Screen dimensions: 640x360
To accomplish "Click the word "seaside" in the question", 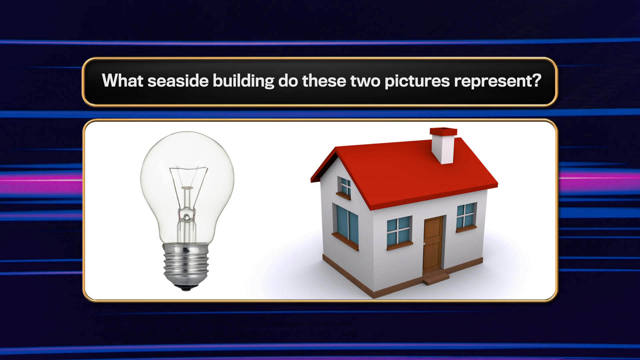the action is click(178, 81).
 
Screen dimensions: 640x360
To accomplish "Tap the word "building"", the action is click(243, 81).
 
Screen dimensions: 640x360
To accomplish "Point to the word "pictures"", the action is click(417, 81).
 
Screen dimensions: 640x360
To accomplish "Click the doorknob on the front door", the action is click(424, 244).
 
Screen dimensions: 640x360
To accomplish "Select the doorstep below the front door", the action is click(436, 277).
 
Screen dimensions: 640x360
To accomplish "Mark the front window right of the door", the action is click(466, 217).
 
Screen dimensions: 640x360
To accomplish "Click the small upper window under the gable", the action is click(345, 188).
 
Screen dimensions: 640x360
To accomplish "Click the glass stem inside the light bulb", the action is click(187, 213).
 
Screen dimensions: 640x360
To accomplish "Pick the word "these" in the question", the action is click(324, 81).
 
